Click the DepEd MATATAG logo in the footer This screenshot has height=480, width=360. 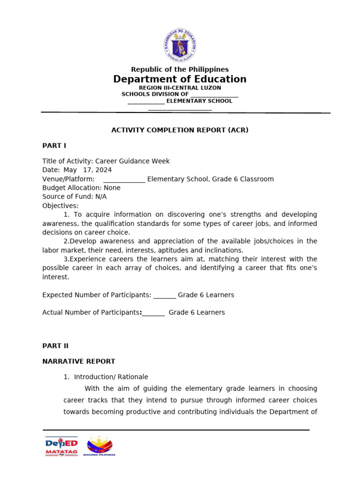coord(61,446)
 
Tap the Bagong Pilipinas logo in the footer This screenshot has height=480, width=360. coord(99,446)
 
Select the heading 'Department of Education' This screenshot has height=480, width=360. coord(180,79)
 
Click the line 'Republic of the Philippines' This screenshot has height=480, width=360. coord(180,69)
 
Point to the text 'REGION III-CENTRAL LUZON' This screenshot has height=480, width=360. coord(180,88)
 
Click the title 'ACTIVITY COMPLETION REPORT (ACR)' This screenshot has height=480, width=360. coord(180,130)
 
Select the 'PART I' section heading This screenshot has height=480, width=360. coord(54,145)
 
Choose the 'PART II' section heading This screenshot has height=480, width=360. coord(55,346)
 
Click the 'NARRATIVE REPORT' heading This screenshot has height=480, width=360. coord(78,361)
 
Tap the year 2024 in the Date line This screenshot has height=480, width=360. coord(103,170)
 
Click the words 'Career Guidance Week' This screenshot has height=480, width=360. coord(133,161)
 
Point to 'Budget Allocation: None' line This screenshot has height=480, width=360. coord(81,188)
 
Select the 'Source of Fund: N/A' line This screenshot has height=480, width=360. coord(74,197)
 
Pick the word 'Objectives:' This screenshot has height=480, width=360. coord(60,206)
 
